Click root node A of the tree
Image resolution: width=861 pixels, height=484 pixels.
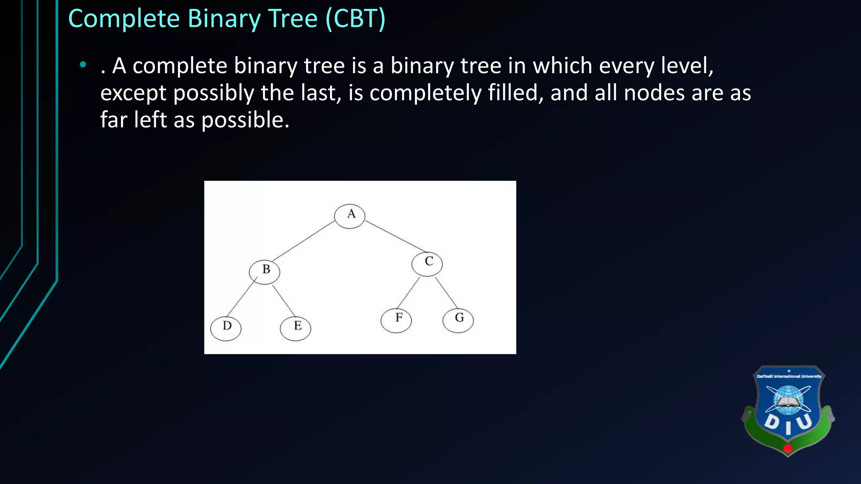click(x=349, y=216)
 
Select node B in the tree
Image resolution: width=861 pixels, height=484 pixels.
click(x=264, y=272)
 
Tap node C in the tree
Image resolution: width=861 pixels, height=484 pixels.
click(x=427, y=264)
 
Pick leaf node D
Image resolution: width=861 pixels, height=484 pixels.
click(x=226, y=328)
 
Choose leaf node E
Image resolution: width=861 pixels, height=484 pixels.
click(x=296, y=328)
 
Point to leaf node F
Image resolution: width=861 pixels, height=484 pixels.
click(x=396, y=321)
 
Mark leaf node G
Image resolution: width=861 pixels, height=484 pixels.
click(x=458, y=321)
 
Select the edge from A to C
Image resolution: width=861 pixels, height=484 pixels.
click(x=395, y=237)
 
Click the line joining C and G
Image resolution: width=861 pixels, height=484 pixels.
click(x=446, y=293)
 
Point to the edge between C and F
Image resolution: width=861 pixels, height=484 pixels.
click(x=408, y=293)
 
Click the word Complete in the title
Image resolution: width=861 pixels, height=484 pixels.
click(x=124, y=19)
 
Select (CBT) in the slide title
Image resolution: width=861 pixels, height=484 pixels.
click(x=356, y=19)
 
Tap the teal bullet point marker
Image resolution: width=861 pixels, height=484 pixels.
click(x=83, y=65)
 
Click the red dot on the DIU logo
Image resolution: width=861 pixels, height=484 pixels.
click(x=788, y=448)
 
